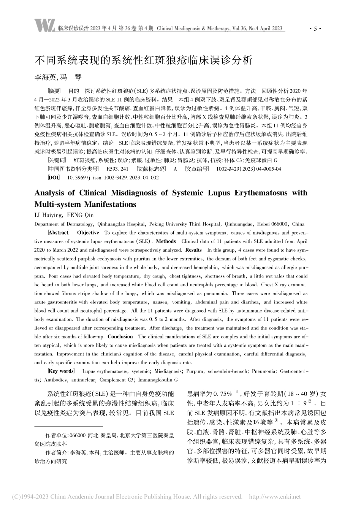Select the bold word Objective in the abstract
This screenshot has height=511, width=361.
point(88,233)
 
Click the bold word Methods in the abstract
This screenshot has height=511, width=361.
point(166,241)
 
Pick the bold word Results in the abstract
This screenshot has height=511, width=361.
point(193,250)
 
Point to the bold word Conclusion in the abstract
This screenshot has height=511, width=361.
point(120,336)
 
